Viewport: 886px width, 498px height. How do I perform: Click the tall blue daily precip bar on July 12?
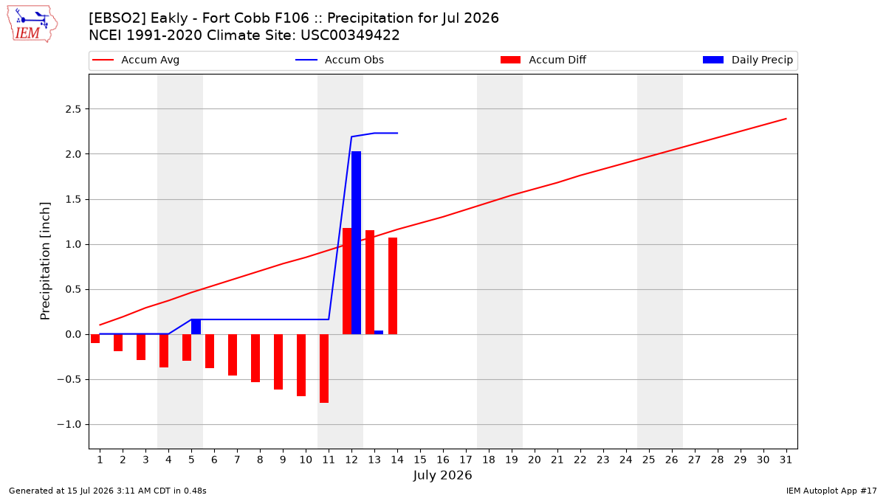356,243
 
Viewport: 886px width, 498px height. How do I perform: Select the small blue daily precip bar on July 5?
196,327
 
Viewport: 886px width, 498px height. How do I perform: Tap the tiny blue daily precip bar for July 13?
379,333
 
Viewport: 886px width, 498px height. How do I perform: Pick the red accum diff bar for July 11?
324,368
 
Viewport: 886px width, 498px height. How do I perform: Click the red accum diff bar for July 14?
393,286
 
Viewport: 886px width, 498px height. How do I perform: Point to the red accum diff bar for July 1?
95,339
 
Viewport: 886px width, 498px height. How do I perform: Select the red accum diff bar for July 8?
255,358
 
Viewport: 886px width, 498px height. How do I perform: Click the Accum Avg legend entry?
136,60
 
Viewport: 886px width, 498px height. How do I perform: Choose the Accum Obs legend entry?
340,60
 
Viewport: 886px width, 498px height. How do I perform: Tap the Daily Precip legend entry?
748,60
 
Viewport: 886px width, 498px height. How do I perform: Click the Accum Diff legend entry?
543,60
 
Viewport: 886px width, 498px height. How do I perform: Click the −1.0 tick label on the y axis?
69,424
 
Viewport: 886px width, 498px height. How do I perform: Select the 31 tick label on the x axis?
786,460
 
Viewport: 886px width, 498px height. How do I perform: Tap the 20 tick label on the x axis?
535,460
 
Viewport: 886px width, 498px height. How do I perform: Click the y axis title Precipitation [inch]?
45,261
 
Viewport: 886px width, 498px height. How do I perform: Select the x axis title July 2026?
442,475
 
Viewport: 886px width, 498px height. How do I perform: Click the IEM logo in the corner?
32,24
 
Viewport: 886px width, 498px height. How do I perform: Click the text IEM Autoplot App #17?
831,491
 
